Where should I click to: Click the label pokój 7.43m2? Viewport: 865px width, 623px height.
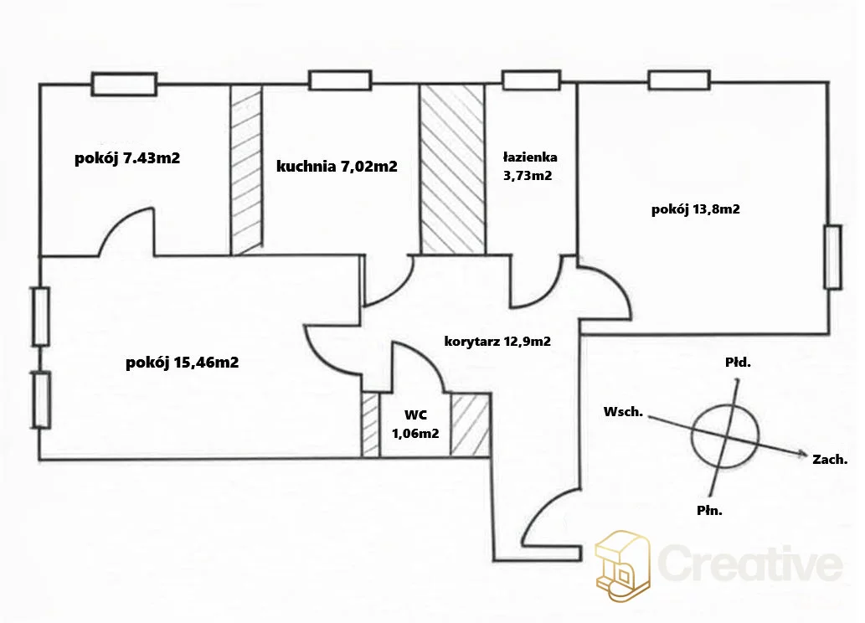(x=127, y=158)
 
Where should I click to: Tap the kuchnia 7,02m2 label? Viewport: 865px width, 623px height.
(x=337, y=166)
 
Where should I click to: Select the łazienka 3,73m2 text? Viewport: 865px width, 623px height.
(x=529, y=167)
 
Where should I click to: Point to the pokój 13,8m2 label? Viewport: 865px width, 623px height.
(x=695, y=209)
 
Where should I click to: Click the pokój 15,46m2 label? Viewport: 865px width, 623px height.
(x=182, y=363)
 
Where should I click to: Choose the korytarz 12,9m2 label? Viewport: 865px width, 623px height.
(x=497, y=341)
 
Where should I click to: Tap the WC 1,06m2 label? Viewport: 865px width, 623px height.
(x=415, y=424)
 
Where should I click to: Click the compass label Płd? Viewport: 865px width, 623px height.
(x=738, y=363)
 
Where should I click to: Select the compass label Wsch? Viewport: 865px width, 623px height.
(x=623, y=412)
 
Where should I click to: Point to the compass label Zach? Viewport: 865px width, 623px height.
(x=830, y=459)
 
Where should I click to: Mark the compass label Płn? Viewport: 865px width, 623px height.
(x=709, y=511)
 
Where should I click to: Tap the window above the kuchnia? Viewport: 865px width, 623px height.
(x=340, y=80)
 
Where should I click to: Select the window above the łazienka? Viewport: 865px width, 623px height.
(x=532, y=80)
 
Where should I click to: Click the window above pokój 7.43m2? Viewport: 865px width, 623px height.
(x=124, y=85)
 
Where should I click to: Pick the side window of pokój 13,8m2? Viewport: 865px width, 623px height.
(x=833, y=256)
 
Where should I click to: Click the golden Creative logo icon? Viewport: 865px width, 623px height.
(x=623, y=566)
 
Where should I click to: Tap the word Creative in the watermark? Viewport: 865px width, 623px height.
(x=751, y=562)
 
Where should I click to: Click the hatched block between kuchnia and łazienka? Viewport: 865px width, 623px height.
(x=453, y=169)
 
